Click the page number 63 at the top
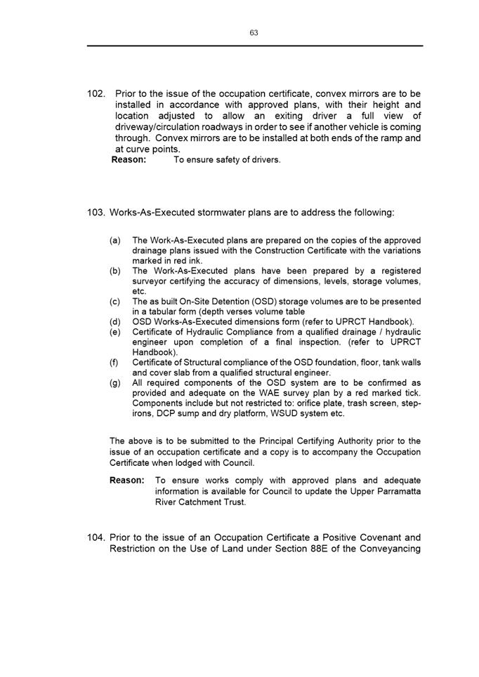click(254, 33)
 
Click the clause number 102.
click(97, 94)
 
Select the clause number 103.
click(97, 213)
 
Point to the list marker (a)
click(114, 240)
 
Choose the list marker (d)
click(114, 322)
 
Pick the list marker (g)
click(114, 383)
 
